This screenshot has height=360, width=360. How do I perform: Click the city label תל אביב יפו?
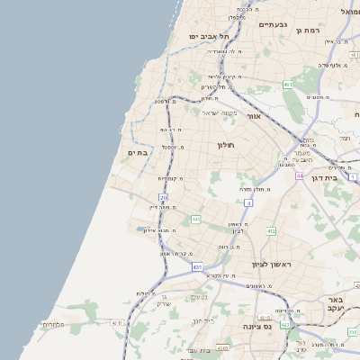point(209,36)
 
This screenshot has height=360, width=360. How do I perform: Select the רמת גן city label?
point(308,31)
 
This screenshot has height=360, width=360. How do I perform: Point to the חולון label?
point(225,145)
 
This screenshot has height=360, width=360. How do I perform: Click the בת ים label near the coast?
point(138,153)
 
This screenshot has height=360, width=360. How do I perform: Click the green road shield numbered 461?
point(287,85)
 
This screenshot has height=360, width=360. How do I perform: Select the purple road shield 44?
point(299,175)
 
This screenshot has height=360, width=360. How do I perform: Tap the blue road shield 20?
point(163,197)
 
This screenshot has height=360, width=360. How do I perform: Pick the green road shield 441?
point(195,219)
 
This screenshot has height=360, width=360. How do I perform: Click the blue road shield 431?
point(197,267)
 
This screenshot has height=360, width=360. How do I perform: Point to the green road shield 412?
point(271,231)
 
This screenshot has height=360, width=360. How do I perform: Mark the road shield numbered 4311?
point(116,322)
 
